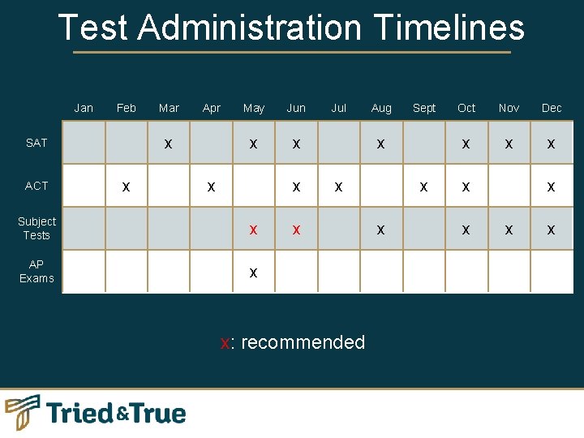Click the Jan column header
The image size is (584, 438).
[x=84, y=108]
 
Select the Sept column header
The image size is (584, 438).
[x=424, y=108]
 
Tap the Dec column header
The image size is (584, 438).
[x=552, y=108]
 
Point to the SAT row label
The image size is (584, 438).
[x=36, y=143]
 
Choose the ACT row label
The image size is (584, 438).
[x=36, y=186]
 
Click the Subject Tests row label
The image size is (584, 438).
[x=36, y=228]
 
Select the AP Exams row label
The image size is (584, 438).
[x=36, y=271]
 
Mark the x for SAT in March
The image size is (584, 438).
[x=168, y=144]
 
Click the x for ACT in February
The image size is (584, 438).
[x=125, y=187]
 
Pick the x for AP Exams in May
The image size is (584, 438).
[x=254, y=273]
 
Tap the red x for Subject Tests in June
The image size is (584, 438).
[x=296, y=230]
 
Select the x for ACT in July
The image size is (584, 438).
[x=339, y=187]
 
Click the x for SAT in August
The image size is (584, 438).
[x=380, y=144]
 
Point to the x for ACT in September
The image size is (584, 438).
[x=423, y=187]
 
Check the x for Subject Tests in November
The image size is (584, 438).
[x=509, y=230]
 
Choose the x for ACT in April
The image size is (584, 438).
[x=211, y=187]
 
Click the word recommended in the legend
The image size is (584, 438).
[x=303, y=342]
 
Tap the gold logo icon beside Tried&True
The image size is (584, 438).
[x=23, y=412]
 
